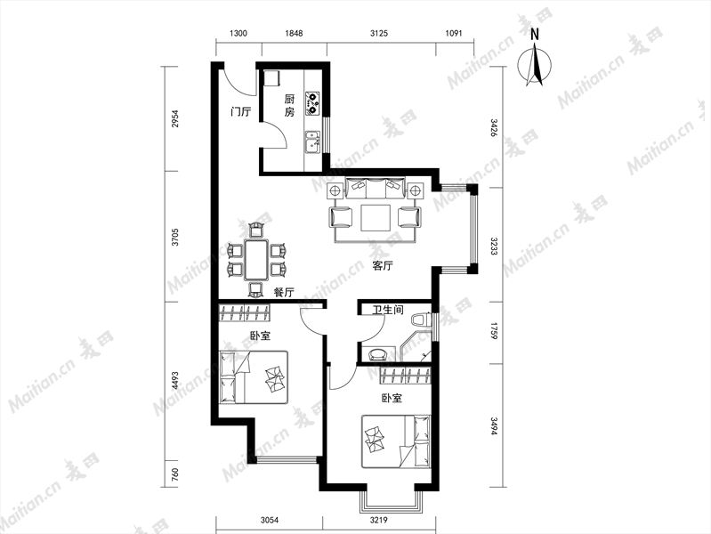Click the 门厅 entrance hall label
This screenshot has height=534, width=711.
pos(240,111)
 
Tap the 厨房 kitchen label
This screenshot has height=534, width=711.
pos(289,105)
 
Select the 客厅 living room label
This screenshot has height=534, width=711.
pos(383,266)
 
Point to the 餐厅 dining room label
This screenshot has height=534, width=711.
pos(284,293)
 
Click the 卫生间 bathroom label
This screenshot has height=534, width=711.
pos(388,310)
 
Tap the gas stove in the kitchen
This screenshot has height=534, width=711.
pos(312,103)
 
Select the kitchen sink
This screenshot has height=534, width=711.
pos(312,142)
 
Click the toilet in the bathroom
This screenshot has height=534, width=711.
pos(421,320)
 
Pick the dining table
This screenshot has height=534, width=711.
pos(257,260)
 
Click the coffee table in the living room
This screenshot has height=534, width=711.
pos(376,218)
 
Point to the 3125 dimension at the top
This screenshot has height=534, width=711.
pos(379,33)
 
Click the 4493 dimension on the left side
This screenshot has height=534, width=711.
pos(175,381)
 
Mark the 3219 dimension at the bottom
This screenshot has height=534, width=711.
pos(378,521)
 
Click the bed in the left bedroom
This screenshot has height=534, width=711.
pos(254,377)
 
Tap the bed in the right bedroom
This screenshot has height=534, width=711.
pos(396,441)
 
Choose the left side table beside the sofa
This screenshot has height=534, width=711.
pos(335,190)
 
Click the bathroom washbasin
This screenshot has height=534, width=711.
pos(377,354)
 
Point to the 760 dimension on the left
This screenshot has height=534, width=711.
pos(175,474)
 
